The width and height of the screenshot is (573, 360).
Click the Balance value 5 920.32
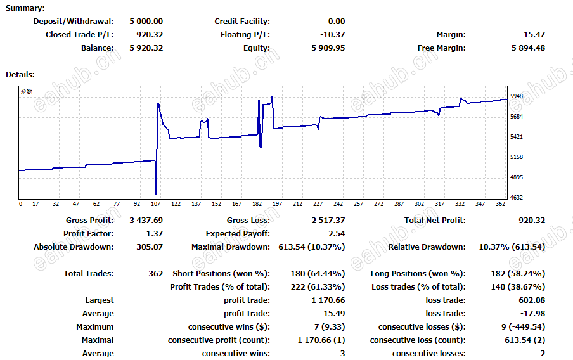(x=146, y=48)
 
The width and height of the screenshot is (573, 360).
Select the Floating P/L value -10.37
(x=333, y=35)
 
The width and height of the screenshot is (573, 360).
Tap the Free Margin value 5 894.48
(x=528, y=48)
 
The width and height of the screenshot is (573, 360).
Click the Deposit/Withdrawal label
(x=74, y=22)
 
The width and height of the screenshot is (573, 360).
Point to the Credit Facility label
(x=242, y=22)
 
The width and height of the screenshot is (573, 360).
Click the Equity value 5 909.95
(x=328, y=48)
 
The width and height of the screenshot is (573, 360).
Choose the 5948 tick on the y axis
(x=517, y=96)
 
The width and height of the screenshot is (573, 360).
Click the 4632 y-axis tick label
(x=517, y=198)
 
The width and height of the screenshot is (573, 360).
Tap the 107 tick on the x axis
(x=156, y=204)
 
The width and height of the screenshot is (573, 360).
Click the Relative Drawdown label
(x=427, y=247)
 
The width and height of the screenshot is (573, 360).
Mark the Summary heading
(x=25, y=8)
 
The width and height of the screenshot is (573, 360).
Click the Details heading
(x=20, y=75)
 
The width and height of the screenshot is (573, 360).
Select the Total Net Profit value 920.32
(x=532, y=221)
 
